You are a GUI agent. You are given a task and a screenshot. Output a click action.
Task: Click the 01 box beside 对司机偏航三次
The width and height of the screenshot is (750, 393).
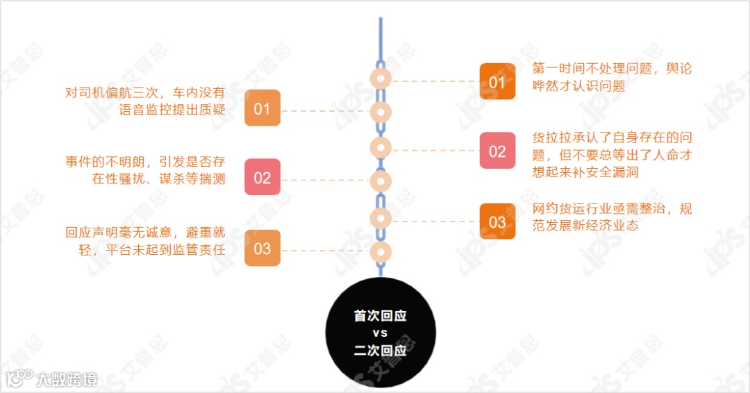[x=262, y=108]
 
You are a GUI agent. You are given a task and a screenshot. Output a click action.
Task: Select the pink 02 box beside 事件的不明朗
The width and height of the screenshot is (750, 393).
[x=262, y=178]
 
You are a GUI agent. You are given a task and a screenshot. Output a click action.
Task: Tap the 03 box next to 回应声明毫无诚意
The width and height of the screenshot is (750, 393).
[x=262, y=248]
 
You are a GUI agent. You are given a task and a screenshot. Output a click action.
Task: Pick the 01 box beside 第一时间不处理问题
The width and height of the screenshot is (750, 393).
[x=497, y=82]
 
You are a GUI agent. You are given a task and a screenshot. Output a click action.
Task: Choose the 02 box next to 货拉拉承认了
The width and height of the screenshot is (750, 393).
[x=497, y=151]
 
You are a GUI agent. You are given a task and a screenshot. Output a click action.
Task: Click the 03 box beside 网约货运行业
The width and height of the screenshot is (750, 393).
[x=497, y=222]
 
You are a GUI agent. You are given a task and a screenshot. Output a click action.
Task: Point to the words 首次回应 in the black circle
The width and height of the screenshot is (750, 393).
[x=380, y=316]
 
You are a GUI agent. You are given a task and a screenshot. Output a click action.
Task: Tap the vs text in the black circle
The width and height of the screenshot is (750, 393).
[x=380, y=333]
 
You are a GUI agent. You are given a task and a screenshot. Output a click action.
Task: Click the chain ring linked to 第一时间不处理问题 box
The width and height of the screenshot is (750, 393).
[x=381, y=78]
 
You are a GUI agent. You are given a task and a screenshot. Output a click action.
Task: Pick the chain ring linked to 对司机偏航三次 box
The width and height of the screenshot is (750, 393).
[x=381, y=112]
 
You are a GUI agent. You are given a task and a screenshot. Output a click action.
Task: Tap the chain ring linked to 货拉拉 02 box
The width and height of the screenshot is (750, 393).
[x=381, y=147]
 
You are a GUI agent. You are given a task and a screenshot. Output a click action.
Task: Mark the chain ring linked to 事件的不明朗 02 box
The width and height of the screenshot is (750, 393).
[x=381, y=182]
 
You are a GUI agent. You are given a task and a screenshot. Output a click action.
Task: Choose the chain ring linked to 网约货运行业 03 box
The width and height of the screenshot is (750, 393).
[x=381, y=217]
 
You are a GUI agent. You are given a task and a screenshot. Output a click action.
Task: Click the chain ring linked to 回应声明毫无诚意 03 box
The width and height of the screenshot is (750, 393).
[x=381, y=251]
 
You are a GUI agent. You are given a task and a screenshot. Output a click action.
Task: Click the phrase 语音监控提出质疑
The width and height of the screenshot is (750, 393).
[x=172, y=110]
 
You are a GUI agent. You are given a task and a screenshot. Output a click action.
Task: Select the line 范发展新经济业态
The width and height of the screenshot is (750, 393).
[x=585, y=226]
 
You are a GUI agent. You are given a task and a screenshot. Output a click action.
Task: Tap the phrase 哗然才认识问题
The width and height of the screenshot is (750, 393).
[x=578, y=86]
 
